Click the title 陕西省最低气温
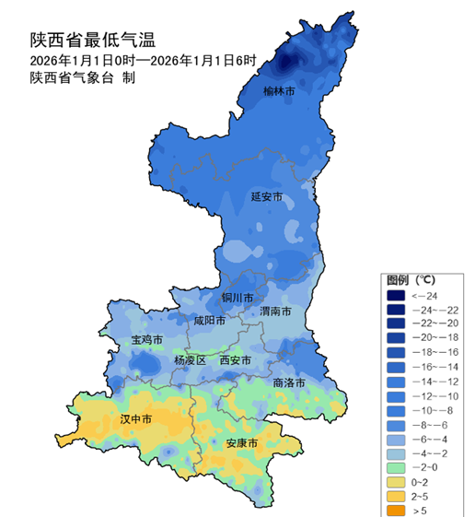tap(92, 40)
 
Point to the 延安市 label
tap(267, 197)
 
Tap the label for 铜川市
tap(237, 299)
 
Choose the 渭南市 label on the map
tap(276, 311)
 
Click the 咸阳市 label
tap(209, 321)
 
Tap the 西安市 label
tap(236, 360)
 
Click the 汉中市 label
tap(135, 418)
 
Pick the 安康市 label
tap(241, 443)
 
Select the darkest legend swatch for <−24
tap(396, 295)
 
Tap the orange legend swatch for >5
tap(396, 508)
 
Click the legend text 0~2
tap(421, 480)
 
